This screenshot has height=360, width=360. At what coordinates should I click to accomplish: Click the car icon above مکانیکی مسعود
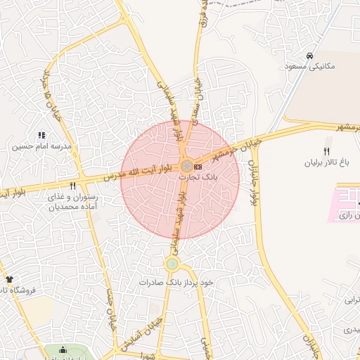[309, 55]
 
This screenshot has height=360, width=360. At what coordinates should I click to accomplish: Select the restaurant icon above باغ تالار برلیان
[326, 151]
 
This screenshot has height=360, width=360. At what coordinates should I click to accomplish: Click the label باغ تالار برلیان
[326, 163]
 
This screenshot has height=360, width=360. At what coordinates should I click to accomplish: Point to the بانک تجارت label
[199, 178]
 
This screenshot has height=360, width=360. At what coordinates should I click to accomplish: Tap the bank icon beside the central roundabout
[198, 167]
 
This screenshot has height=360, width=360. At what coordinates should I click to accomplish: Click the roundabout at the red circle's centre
[186, 167]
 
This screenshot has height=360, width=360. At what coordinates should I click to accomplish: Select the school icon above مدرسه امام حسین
[41, 135]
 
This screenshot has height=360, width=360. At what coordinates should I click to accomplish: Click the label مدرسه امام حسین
[41, 147]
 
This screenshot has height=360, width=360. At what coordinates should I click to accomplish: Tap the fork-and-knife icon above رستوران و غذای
[73, 187]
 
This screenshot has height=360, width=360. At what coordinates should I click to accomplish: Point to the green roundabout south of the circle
[172, 264]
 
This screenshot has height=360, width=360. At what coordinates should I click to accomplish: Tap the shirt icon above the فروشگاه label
[8, 279]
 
